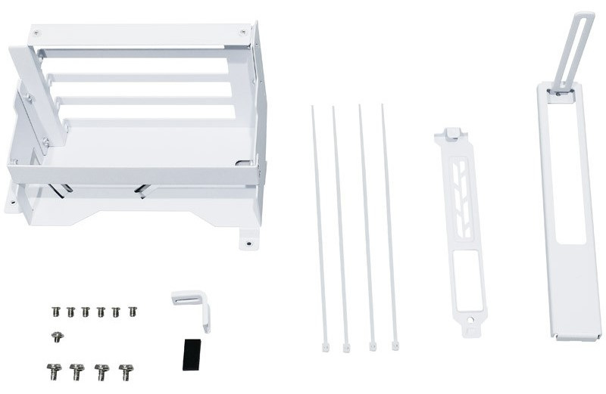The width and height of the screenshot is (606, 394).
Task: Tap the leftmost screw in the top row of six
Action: tap(55, 311)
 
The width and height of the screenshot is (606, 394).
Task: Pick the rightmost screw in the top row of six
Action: tap(133, 311)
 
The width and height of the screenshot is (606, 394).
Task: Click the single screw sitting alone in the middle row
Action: tap(56, 337)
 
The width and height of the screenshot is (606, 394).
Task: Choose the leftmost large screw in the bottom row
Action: tap(54, 371)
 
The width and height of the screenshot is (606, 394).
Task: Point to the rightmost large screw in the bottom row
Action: tap(126, 371)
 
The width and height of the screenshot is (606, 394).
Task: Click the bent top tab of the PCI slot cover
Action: tap(451, 134)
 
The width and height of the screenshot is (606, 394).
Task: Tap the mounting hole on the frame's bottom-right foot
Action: tap(245, 244)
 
